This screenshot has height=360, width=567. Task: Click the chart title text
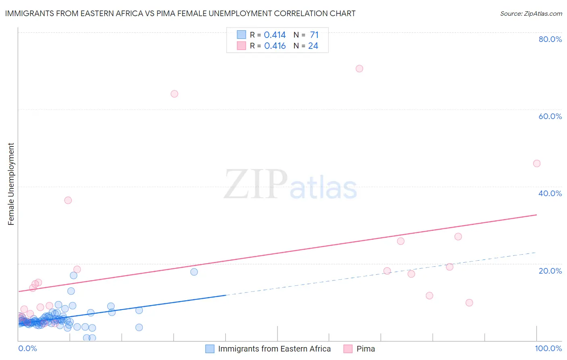pyautogui.click(x=180, y=14)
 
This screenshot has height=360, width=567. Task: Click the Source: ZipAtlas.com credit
pyautogui.click(x=531, y=14)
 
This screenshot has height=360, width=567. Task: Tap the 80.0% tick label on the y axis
pyautogui.click(x=550, y=39)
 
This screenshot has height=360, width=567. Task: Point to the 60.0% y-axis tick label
pyautogui.click(x=550, y=116)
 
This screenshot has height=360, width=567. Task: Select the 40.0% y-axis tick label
pyautogui.click(x=550, y=193)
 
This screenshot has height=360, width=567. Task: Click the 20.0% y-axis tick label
pyautogui.click(x=550, y=271)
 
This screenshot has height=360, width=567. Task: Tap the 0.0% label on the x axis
pyautogui.click(x=27, y=349)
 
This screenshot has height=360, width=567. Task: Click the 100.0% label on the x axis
pyautogui.click(x=548, y=349)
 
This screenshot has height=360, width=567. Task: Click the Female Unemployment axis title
pyautogui.click(x=11, y=184)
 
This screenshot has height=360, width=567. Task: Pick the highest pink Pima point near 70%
pyautogui.click(x=359, y=69)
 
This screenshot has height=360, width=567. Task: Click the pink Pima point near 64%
pyautogui.click(x=174, y=94)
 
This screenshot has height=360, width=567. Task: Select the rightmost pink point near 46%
pyautogui.click(x=536, y=163)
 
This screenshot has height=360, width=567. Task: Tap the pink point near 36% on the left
pyautogui.click(x=68, y=200)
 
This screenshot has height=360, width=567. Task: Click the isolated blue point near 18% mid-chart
pyautogui.click(x=194, y=272)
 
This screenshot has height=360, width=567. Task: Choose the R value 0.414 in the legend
pyautogui.click(x=275, y=35)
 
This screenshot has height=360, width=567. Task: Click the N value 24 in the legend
pyautogui.click(x=313, y=46)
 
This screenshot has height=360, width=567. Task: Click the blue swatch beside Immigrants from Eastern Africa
pyautogui.click(x=210, y=349)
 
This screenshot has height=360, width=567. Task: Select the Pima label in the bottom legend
pyautogui.click(x=365, y=349)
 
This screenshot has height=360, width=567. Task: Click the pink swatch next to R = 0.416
pyautogui.click(x=241, y=46)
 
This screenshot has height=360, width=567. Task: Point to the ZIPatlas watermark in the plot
pyautogui.click(x=290, y=185)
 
